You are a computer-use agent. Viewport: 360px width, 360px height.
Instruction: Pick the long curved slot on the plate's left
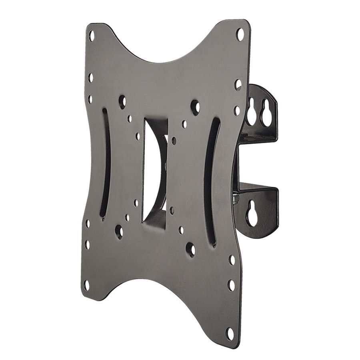pos(106,160)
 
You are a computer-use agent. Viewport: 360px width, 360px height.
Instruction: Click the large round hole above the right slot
pos(196,106)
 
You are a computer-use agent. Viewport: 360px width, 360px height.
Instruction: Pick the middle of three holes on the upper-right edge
pos(238,85)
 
